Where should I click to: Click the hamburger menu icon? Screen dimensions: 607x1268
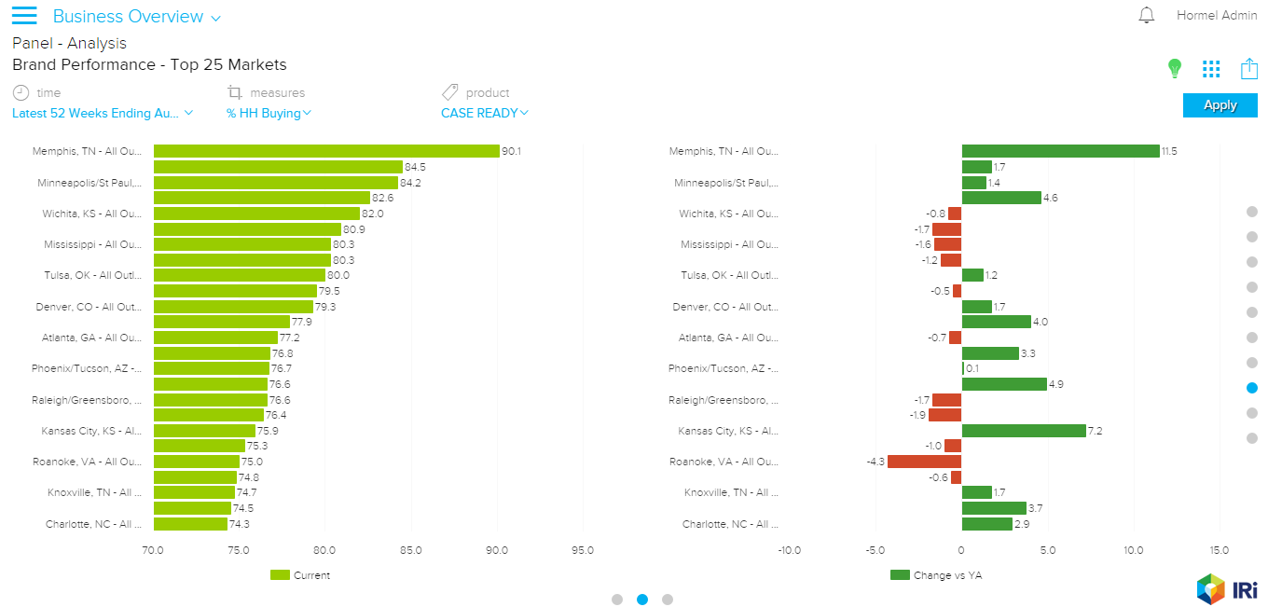(x=24, y=16)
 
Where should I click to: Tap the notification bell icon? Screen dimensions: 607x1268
(x=1147, y=16)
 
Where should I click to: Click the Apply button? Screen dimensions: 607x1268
(x=1220, y=105)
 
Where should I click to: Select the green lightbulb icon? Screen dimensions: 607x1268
(x=1175, y=68)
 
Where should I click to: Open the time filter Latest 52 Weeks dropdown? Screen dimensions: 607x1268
(x=103, y=114)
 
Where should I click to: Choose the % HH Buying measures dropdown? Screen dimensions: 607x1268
(x=269, y=114)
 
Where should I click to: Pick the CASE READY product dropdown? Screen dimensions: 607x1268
(x=485, y=114)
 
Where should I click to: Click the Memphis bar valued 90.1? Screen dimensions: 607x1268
(x=326, y=151)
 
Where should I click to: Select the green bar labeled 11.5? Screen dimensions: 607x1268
(x=1060, y=151)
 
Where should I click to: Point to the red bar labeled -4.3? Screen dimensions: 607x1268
(x=924, y=462)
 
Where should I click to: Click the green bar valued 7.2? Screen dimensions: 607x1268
(x=1024, y=431)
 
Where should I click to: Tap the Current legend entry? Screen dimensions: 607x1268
(x=300, y=575)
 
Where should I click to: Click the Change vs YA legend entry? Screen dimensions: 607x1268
(x=936, y=575)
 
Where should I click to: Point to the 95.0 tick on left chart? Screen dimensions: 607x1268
(x=583, y=550)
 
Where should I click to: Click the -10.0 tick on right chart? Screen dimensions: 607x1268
(x=789, y=550)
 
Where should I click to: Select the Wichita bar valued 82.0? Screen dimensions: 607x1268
(x=256, y=214)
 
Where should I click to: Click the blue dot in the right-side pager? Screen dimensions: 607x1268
(x=1251, y=388)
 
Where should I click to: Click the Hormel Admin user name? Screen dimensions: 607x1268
(x=1217, y=16)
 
